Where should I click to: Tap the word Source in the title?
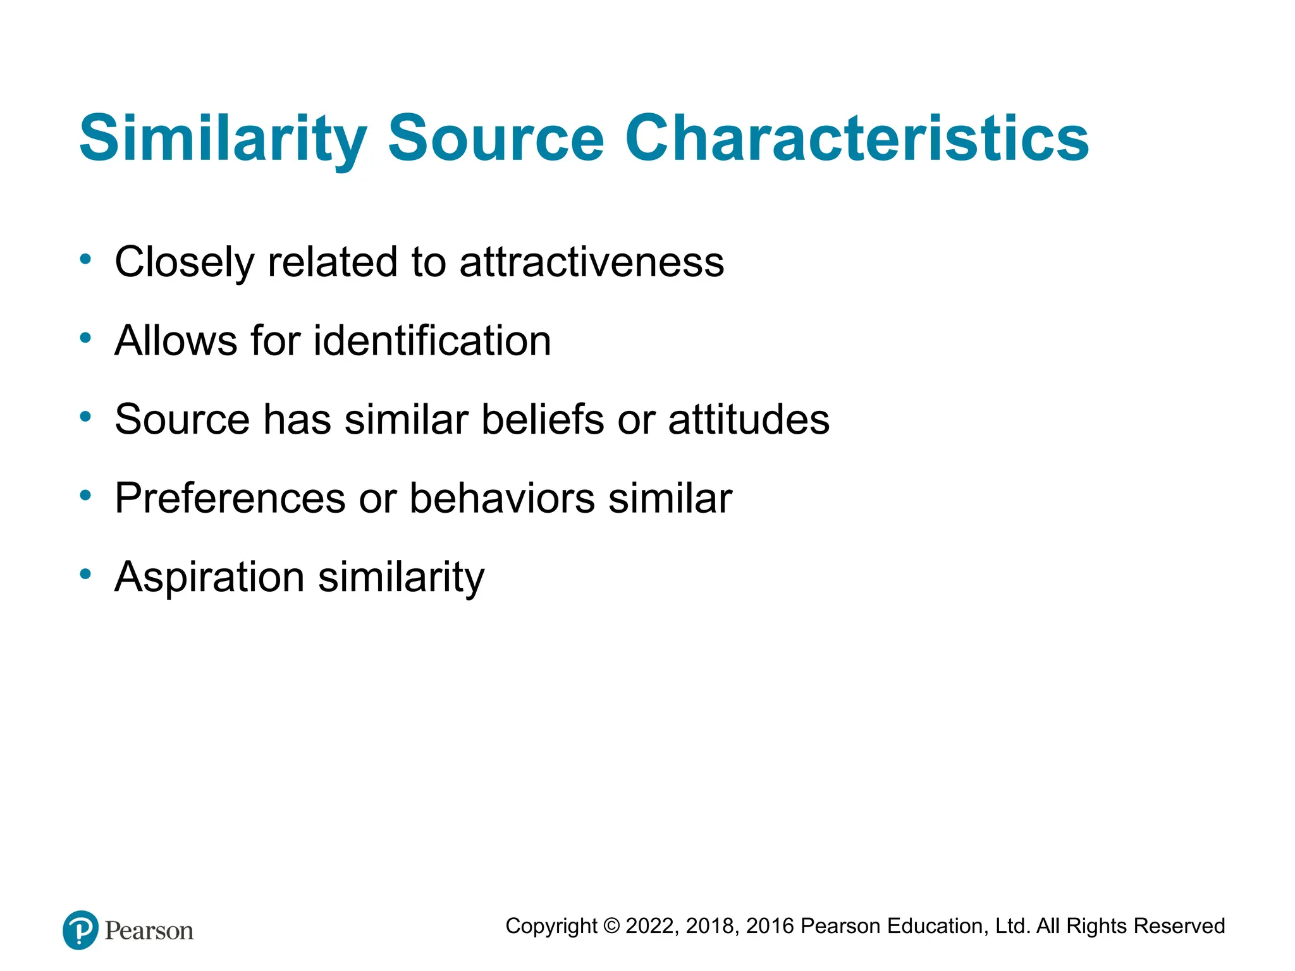[x=496, y=139]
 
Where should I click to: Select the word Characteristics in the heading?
[x=857, y=139]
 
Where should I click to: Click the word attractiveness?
[x=591, y=262]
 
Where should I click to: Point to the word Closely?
[x=184, y=262]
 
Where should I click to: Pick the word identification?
[x=432, y=341]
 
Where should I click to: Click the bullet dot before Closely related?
[x=85, y=259]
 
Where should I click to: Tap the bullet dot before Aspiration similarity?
[x=85, y=574]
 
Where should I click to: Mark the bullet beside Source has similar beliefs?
[x=85, y=417]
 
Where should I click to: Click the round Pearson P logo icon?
[x=81, y=930]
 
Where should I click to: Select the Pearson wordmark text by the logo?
[x=149, y=931]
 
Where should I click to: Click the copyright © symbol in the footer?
[x=611, y=926]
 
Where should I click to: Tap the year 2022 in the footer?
[x=650, y=926]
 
